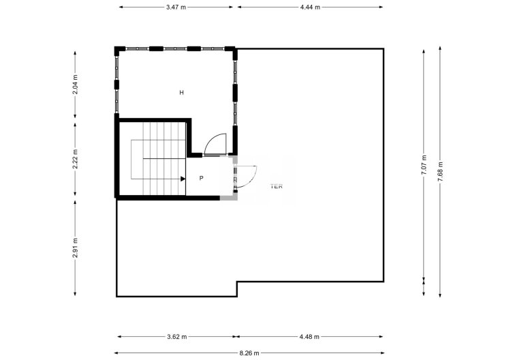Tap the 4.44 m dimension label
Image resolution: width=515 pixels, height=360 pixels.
click(x=310, y=7)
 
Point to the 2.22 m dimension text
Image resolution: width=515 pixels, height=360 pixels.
click(x=76, y=158)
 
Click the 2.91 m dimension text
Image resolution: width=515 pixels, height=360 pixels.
click(x=76, y=246)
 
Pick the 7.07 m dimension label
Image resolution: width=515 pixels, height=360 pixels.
click(x=424, y=165)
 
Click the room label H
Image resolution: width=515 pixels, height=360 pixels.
click(x=182, y=92)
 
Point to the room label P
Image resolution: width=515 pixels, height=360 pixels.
click(x=202, y=178)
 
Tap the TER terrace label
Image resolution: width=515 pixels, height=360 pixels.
click(x=277, y=185)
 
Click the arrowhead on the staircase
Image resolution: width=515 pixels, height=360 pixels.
click(x=183, y=179)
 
